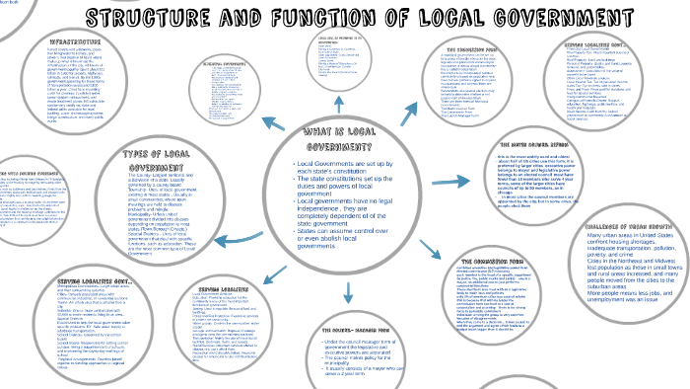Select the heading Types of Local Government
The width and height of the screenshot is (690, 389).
point(163,158)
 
